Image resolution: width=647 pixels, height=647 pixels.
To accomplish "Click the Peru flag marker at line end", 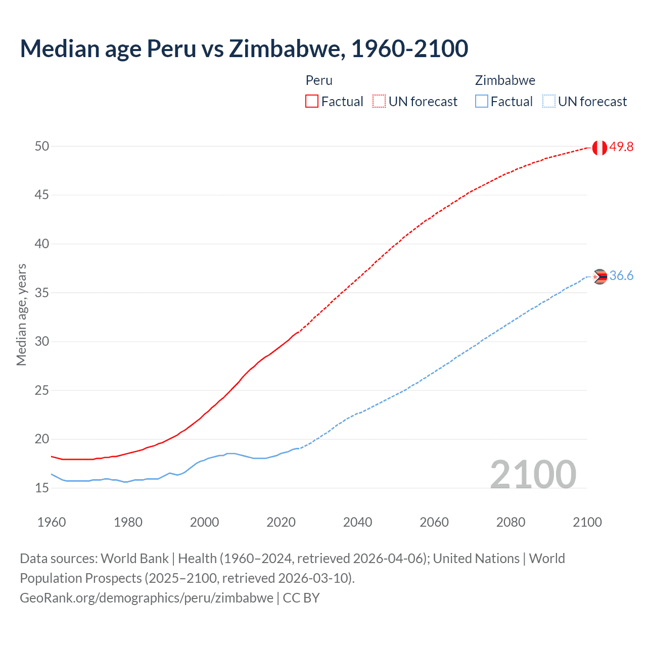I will pos(599,148).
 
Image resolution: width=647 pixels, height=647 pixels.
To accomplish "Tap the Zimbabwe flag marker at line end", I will pos(599,276).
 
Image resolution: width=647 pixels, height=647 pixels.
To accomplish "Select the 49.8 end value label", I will pos(621,147).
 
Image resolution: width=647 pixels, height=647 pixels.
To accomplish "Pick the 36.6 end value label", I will pos(621,276).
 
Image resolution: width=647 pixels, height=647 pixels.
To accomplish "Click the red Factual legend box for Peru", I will pos(312,101).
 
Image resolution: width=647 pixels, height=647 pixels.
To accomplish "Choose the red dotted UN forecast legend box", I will pos(379,101).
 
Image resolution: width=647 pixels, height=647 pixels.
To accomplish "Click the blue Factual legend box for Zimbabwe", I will pos(481,101).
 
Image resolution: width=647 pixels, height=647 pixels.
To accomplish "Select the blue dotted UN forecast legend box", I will pos(548,101).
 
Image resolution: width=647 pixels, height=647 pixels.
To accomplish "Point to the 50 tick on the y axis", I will pos(42,146).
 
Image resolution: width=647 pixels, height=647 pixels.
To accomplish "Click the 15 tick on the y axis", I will pos(42,488).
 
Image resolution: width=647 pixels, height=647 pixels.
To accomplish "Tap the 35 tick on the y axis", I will pos(42,293).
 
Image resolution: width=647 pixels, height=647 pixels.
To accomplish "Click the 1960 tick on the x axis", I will pos(52,522).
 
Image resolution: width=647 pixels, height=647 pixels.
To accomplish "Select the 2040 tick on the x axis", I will pos(357,522).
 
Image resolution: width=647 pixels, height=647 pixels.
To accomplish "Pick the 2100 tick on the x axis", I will pos(587,522).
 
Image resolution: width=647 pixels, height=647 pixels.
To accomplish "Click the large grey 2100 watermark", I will pos(533,474).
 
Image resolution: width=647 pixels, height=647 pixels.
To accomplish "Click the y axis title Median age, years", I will pos(21,314).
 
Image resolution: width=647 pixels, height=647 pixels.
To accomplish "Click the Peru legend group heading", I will pos(319,80).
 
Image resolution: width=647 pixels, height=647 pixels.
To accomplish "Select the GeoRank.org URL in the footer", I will pos(147,598).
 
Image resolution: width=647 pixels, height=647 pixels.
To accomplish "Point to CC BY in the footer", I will pos(301,598).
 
